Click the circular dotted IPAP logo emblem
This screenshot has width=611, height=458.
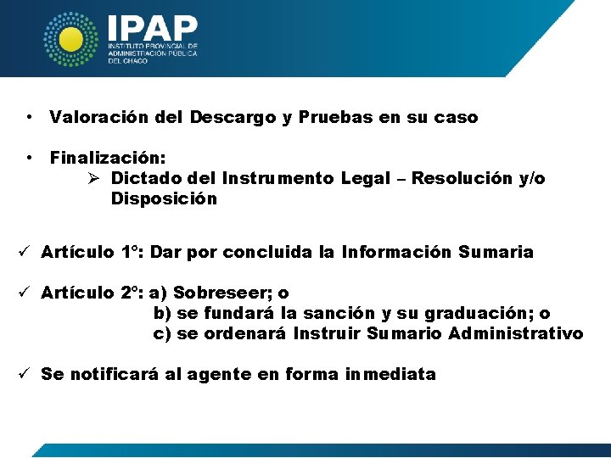[72, 39]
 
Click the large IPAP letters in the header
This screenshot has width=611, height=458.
[153, 27]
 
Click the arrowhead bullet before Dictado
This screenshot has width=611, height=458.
[95, 179]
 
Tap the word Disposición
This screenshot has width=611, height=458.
[164, 199]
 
